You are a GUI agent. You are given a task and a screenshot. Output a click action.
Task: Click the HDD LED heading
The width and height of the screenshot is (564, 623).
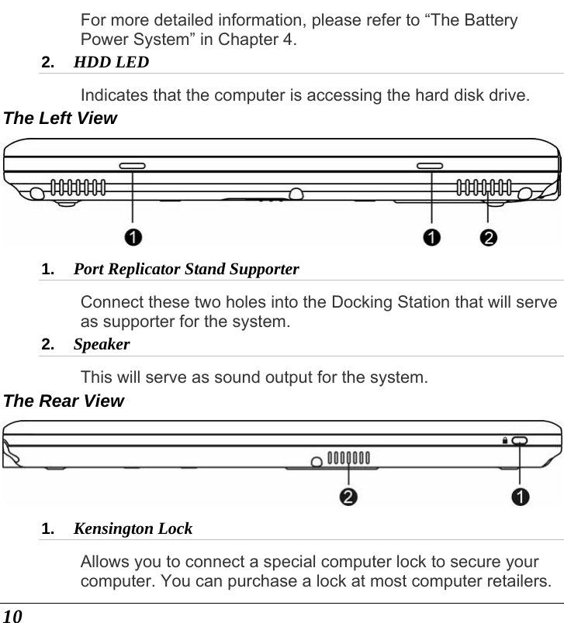coord(111,61)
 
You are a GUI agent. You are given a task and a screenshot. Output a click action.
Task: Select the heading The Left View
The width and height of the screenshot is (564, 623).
coord(61,119)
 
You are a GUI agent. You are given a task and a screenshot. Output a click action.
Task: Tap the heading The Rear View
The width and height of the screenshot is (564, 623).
coord(64,401)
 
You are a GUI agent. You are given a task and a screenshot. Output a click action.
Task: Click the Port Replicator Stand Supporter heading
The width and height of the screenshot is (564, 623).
coord(185,270)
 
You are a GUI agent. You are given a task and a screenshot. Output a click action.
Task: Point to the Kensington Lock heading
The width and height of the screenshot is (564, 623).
coord(133,529)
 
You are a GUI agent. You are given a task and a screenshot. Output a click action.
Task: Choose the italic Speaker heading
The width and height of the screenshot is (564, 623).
coord(101,343)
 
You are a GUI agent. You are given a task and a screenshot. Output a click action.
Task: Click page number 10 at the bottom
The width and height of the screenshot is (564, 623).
coord(12,614)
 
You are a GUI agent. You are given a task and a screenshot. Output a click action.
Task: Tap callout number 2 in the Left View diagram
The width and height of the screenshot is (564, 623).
coord(488,236)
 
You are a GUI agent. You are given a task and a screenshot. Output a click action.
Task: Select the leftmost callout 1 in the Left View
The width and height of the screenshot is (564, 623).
coord(133,236)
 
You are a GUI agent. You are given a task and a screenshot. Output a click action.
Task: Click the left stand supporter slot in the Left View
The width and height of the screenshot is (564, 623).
coord(133,166)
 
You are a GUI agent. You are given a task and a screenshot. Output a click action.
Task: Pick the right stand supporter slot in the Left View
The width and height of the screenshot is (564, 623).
coord(430,166)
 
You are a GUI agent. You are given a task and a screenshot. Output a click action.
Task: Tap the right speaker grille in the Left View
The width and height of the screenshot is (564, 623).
coord(484,187)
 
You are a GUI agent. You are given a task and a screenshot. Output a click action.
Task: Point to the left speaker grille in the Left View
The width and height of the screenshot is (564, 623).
coord(79,187)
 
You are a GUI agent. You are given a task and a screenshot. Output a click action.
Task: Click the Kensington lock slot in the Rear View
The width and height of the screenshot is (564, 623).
coord(519,440)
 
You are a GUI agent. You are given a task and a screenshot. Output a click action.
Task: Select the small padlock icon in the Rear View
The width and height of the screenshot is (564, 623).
coord(504,440)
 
